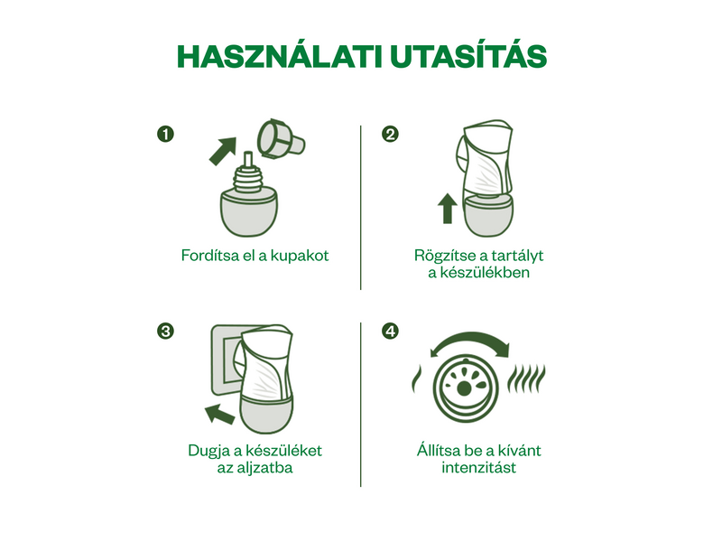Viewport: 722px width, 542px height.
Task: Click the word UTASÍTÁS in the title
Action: (468, 56)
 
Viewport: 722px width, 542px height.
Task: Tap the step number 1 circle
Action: (165, 135)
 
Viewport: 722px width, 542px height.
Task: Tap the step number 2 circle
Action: (390, 135)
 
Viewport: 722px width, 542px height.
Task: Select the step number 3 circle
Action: (165, 331)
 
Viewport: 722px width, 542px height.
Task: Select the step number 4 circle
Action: (390, 331)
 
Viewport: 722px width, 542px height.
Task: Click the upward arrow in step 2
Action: (446, 208)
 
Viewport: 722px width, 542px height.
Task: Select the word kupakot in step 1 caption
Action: (300, 255)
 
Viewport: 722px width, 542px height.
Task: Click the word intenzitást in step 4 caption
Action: (479, 468)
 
